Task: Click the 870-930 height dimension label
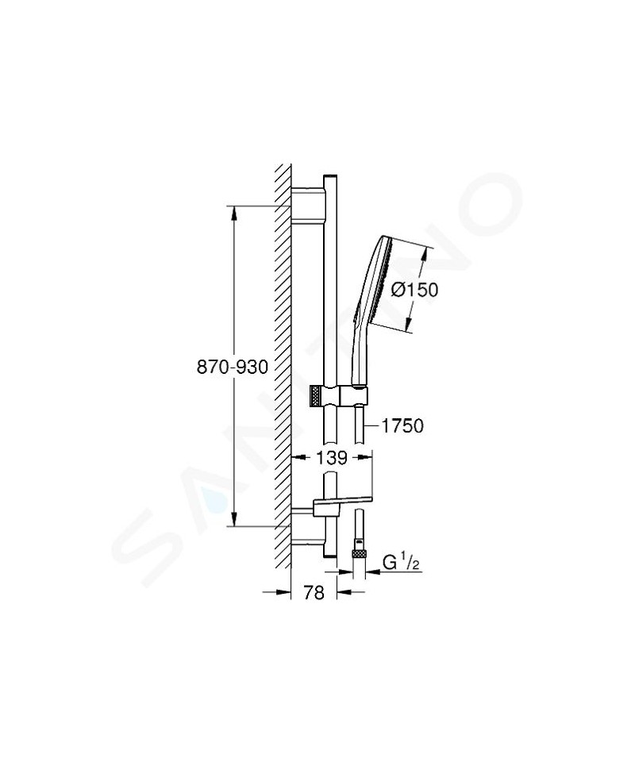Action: pyautogui.click(x=233, y=368)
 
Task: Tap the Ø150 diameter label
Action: pyautogui.click(x=414, y=290)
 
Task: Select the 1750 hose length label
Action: pyautogui.click(x=402, y=426)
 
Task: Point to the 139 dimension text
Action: pyautogui.click(x=332, y=458)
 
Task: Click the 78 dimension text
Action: pyautogui.click(x=314, y=593)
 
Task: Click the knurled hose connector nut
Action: pyautogui.click(x=359, y=553)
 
